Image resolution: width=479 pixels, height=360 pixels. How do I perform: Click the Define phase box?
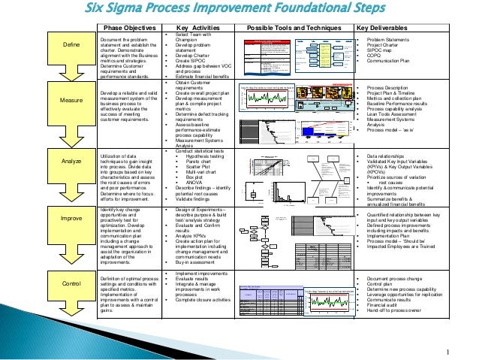click(50, 49)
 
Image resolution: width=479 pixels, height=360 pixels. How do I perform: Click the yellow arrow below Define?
click(50, 74)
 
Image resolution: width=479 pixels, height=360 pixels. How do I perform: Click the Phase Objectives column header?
click(129, 28)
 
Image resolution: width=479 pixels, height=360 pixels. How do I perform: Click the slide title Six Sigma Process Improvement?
click(239, 10)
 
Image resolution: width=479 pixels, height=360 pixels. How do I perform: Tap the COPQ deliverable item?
click(377, 58)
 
